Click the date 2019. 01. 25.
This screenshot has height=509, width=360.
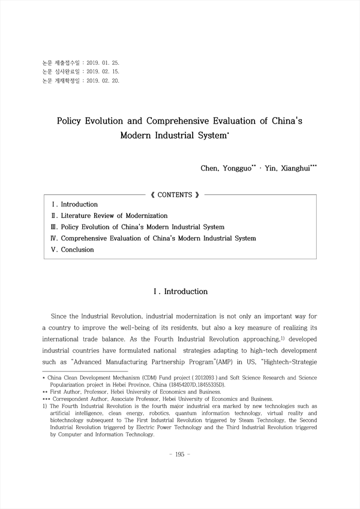click(x=103, y=62)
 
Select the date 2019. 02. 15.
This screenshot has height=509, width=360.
click(x=103, y=71)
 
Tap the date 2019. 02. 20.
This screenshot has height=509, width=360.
click(x=103, y=80)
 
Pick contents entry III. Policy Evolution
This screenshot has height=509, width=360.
click(x=138, y=227)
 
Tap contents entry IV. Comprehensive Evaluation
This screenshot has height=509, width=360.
click(x=154, y=238)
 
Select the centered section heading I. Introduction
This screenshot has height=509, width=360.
click(x=181, y=292)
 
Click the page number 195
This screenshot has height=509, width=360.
click(x=180, y=454)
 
